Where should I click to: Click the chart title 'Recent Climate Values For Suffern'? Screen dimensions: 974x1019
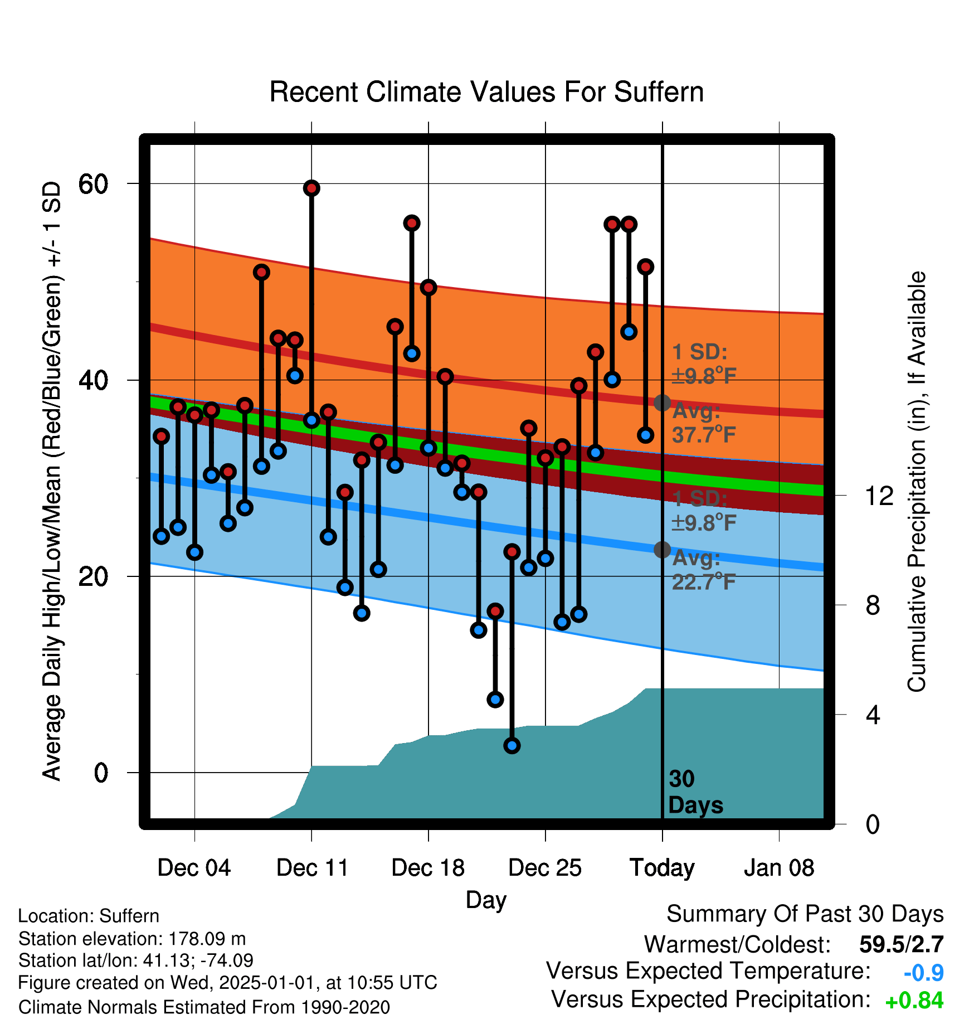coord(486,92)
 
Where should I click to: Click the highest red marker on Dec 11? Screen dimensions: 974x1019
coord(311,188)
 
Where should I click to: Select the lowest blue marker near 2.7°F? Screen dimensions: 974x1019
coord(512,745)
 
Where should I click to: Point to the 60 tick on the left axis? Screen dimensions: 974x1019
coord(93,184)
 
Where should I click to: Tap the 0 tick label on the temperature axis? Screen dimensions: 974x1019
coord(101,773)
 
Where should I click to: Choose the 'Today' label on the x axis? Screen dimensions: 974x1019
coord(662,868)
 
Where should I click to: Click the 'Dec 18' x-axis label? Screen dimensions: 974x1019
coord(428,868)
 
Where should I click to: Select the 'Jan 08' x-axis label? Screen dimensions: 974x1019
coord(779,868)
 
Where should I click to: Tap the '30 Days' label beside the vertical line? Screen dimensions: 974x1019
coord(695,792)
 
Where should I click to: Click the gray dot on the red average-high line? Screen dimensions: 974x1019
coord(662,402)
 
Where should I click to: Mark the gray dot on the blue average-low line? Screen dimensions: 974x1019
coord(662,550)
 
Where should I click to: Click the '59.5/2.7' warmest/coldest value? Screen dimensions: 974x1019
coord(902,944)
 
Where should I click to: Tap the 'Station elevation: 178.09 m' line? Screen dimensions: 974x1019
coord(132,939)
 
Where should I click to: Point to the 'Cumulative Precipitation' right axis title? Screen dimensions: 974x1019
coord(917,482)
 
